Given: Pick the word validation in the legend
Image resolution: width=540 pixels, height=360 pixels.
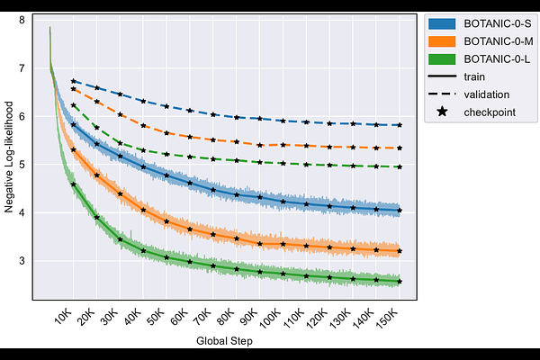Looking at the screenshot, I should [487, 94].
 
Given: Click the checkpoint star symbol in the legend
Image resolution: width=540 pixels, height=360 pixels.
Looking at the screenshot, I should [443, 112].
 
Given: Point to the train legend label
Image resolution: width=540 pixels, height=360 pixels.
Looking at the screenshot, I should [474, 76].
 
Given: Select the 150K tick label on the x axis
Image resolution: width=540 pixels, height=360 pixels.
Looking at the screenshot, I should [390, 318].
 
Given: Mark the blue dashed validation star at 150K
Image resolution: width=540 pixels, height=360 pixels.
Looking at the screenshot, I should [399, 125].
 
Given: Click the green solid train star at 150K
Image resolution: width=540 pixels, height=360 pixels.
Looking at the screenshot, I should [399, 282].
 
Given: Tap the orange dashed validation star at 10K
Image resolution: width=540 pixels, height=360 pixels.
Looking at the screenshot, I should [74, 89].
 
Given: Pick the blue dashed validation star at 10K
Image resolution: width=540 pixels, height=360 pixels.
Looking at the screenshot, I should [74, 82].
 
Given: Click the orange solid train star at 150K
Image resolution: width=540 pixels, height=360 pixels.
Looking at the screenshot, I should [399, 251].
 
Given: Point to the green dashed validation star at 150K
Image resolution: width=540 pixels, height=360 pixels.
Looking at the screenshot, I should [399, 167].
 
